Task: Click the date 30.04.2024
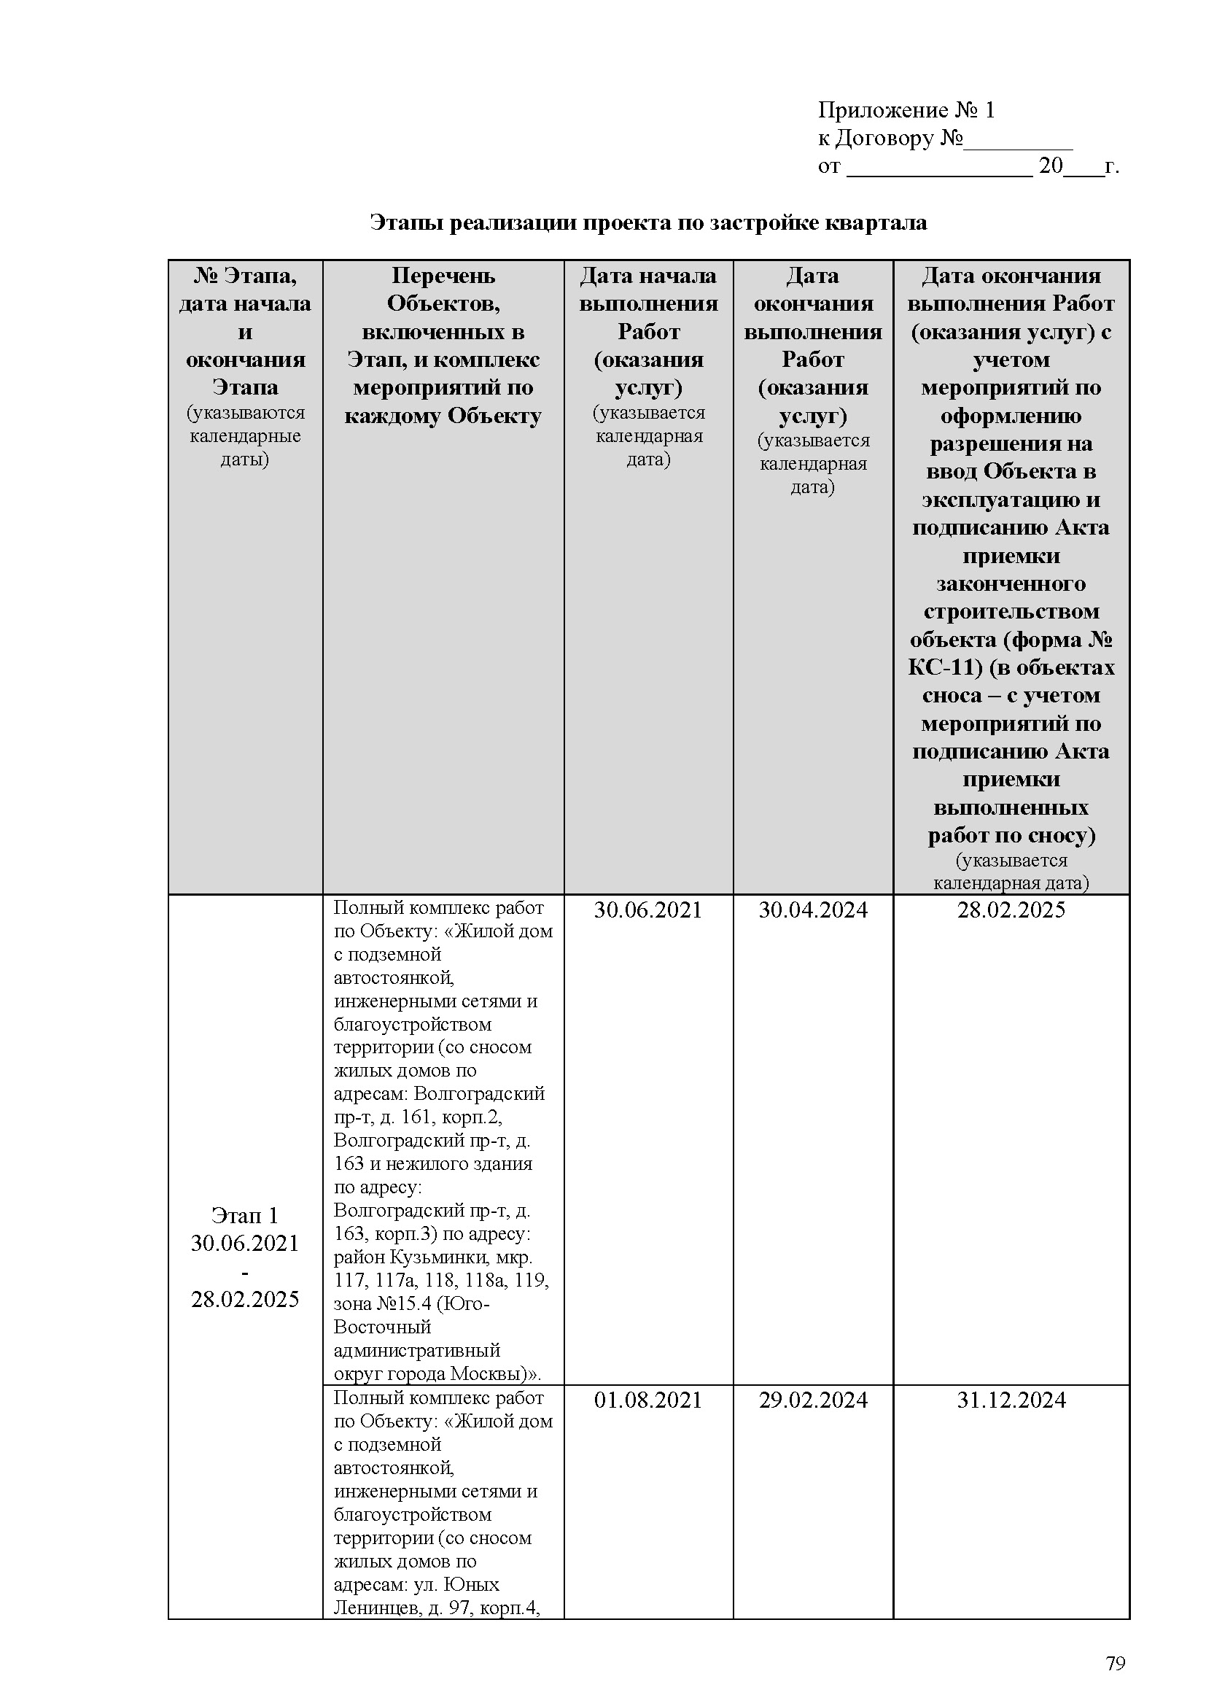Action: coord(812,910)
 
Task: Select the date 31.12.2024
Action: coord(1011,1400)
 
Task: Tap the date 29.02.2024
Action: coord(812,1400)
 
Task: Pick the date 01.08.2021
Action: coord(647,1400)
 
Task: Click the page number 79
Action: coord(1116,1663)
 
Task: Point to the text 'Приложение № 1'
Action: coord(906,111)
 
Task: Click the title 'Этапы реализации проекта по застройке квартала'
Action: coord(648,223)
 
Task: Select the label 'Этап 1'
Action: coord(244,1216)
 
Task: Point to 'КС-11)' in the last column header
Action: coord(946,668)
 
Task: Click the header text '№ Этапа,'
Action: coord(245,276)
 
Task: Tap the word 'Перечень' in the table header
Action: coord(443,276)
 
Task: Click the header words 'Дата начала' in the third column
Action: coord(647,276)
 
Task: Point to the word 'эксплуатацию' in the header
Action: coord(1011,500)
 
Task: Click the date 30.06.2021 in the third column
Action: coord(647,910)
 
